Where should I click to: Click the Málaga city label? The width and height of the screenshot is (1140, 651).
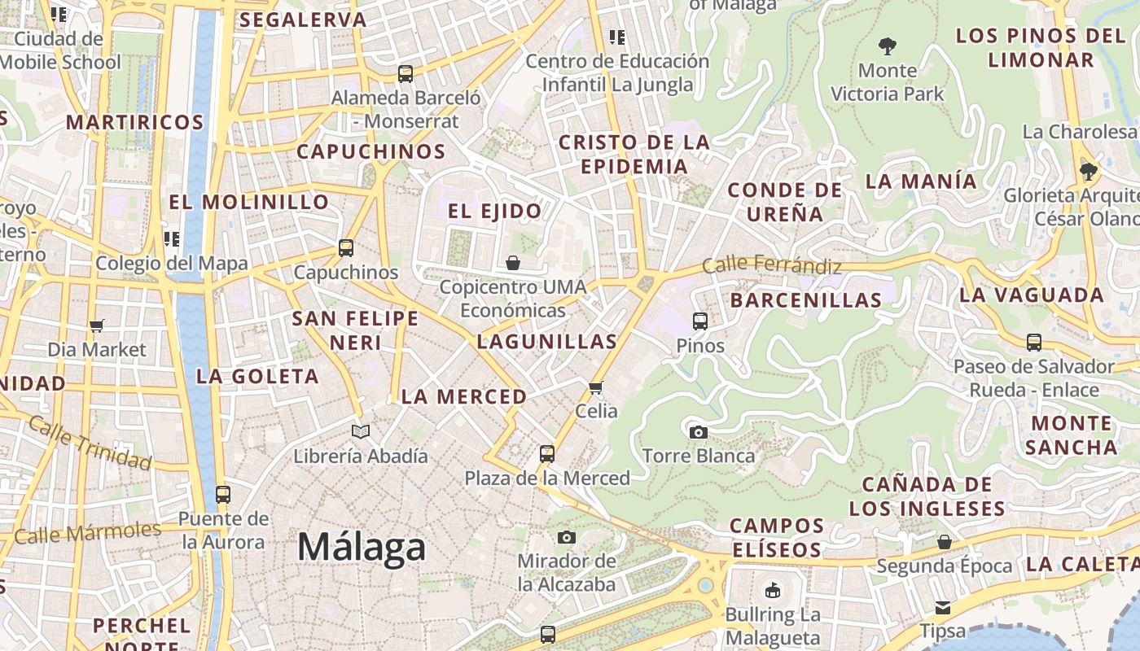(x=361, y=547)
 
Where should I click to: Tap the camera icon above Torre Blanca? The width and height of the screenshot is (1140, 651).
(x=698, y=432)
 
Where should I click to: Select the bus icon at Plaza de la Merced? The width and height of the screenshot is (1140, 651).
(x=547, y=454)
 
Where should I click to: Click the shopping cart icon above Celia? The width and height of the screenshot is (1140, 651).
(x=596, y=387)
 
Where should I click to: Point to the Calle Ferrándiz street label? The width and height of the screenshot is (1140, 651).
(x=771, y=264)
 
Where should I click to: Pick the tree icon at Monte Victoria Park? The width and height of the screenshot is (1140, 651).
(x=888, y=46)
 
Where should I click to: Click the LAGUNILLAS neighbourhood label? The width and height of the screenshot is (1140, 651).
(x=546, y=342)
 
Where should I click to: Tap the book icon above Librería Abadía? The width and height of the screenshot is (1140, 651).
(x=360, y=431)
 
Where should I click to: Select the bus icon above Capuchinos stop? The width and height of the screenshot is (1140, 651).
(x=346, y=248)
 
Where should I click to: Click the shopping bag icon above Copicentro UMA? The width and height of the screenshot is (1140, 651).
(x=513, y=263)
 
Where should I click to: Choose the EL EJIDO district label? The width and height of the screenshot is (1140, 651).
(x=494, y=212)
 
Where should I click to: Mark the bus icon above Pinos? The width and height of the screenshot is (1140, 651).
(x=700, y=321)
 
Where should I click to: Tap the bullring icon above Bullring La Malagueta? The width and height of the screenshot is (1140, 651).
(x=772, y=590)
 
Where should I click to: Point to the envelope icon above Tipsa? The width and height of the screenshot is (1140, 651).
(x=943, y=607)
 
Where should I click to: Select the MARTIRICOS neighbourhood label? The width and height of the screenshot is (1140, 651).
(x=134, y=123)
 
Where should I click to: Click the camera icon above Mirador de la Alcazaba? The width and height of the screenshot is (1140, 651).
(x=567, y=537)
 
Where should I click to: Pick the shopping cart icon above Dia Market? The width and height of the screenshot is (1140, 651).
(x=97, y=325)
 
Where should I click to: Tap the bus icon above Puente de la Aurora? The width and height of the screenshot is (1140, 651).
(x=222, y=494)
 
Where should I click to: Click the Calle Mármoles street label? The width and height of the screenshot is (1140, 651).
(x=88, y=533)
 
